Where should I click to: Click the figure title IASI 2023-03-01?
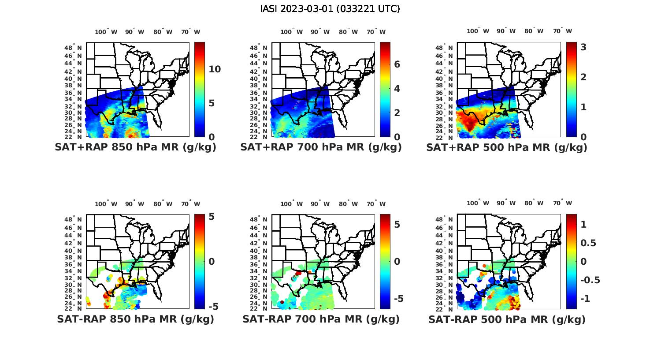tap(330, 9)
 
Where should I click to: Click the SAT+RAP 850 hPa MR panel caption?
tap(136, 147)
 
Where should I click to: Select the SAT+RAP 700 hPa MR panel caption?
tap(321, 147)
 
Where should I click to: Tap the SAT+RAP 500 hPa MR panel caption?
tap(507, 147)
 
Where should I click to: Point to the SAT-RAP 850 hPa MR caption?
tap(136, 319)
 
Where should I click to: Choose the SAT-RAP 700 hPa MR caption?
tap(321, 319)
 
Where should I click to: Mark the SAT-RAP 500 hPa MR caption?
tap(507, 319)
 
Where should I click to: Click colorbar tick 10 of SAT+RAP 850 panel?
tap(215, 69)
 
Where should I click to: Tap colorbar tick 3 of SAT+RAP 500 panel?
tap(583, 47)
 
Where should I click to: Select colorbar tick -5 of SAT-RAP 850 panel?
tap(213, 306)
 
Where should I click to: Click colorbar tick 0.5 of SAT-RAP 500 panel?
tap(588, 243)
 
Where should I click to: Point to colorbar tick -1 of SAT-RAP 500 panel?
tap(583, 299)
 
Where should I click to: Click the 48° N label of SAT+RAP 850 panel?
tap(74, 48)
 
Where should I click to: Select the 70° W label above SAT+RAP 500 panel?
tap(563, 31)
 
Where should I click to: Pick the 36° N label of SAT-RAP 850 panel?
tap(74, 264)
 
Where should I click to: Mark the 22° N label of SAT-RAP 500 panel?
tap(445, 308)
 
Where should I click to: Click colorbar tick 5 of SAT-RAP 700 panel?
tap(397, 225)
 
